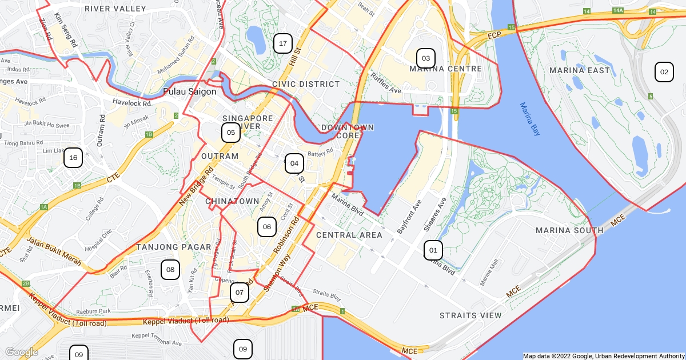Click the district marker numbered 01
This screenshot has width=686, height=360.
[x=433, y=250]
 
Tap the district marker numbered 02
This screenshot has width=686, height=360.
[x=664, y=72]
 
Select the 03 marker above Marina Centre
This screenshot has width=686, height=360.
[x=425, y=58]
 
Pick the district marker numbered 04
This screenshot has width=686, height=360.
[x=294, y=163]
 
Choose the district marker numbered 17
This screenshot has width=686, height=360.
[x=282, y=43]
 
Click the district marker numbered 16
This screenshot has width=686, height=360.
[x=73, y=158]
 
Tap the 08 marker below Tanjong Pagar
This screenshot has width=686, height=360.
[x=170, y=270]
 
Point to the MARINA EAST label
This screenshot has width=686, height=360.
[x=580, y=70]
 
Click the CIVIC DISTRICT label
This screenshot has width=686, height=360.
[x=306, y=84]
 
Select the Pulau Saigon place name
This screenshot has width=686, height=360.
[x=190, y=91]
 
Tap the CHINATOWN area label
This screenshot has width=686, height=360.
[x=232, y=201]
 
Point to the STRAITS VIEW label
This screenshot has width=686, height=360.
[x=470, y=315]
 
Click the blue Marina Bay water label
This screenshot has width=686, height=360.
[x=530, y=119]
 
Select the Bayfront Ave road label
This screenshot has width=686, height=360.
[x=409, y=217]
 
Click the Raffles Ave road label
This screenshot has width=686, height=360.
[x=386, y=83]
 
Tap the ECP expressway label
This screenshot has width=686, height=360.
[x=494, y=35]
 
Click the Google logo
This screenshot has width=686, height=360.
[x=21, y=352]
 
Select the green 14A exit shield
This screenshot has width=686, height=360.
[x=617, y=11]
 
